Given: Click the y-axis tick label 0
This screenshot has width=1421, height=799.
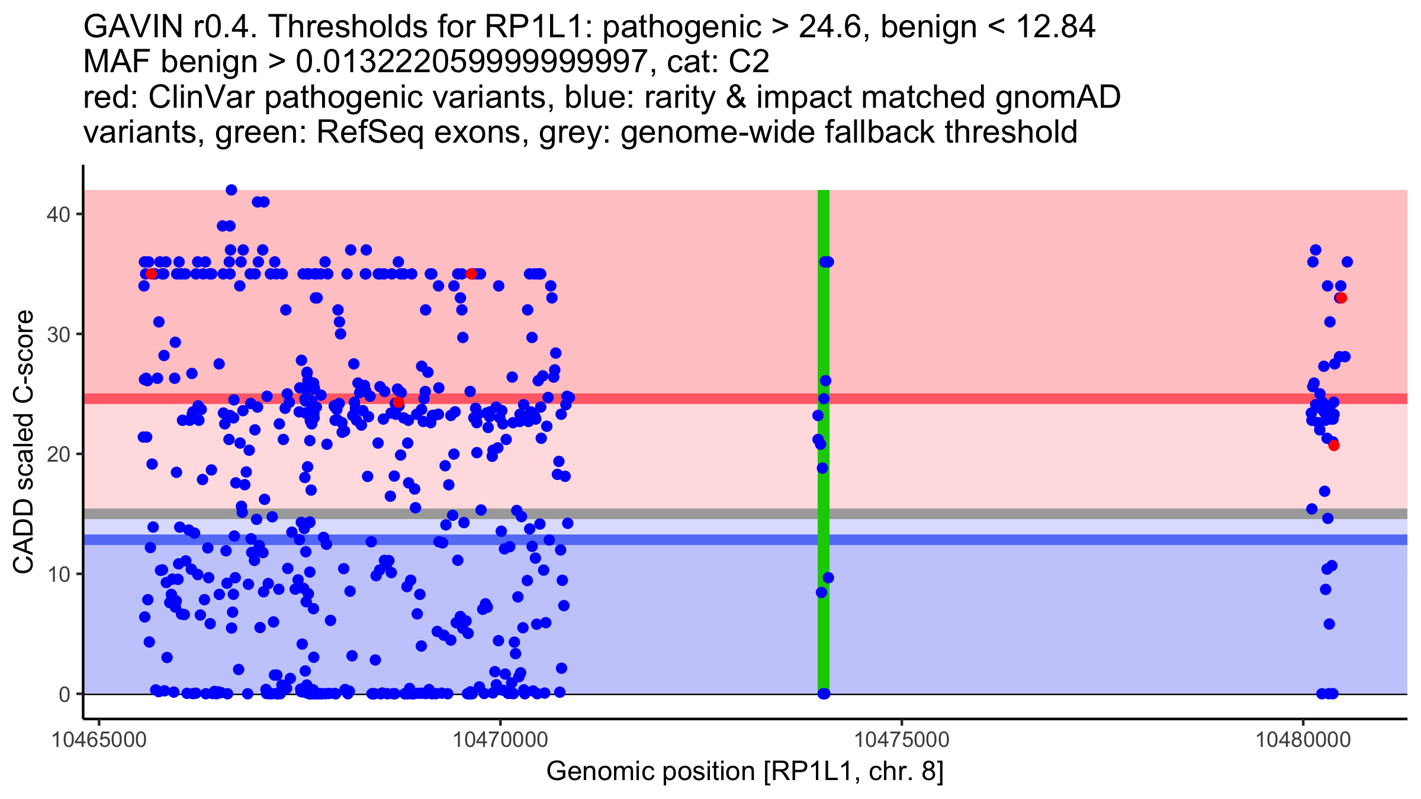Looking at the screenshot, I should (x=64, y=694).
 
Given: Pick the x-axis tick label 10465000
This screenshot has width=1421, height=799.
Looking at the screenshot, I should (x=99, y=740).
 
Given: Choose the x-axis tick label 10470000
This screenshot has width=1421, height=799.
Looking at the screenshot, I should (x=500, y=740).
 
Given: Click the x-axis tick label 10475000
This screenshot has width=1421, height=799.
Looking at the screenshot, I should (x=902, y=740).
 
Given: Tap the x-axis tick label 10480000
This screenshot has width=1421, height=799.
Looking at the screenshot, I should (x=1303, y=740).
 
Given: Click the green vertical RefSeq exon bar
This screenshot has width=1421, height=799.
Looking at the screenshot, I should (x=823, y=473).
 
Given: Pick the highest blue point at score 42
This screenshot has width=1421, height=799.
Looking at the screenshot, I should (x=232, y=190).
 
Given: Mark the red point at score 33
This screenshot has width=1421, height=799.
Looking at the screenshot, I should (x=1341, y=298).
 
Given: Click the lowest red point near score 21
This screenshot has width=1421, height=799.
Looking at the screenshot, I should (x=1333, y=446).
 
